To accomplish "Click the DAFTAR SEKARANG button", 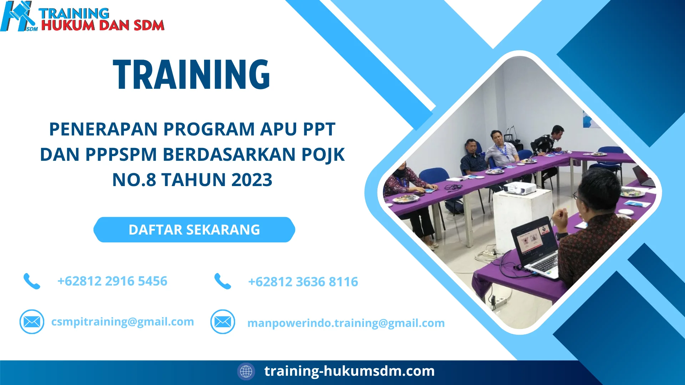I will coord(194,230).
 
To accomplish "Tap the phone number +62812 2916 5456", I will coord(112,281).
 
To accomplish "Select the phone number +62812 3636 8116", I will coord(303,282).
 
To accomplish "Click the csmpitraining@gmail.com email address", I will coord(122,322).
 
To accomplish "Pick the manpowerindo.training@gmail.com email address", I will coord(346,323).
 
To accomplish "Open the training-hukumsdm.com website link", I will coord(349,371).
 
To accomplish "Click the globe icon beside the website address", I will coord(246,371).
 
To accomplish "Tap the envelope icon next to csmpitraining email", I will coord(32,322).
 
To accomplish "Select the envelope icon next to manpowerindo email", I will coord(223,322).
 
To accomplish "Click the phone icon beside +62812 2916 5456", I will coord(32,281).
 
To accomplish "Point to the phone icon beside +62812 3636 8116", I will coord(223,281).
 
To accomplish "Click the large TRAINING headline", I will coord(192,75).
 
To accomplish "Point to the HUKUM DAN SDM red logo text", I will coord(103,26).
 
